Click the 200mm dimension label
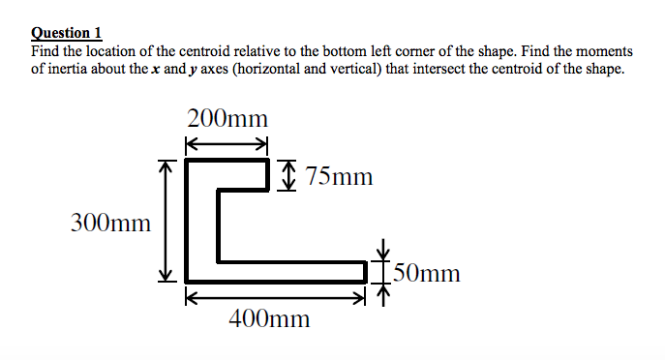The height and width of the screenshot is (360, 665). (x=227, y=119)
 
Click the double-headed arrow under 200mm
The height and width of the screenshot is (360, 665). (x=226, y=144)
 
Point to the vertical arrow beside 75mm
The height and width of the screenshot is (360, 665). (x=286, y=176)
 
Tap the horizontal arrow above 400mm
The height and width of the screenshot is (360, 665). (x=277, y=297)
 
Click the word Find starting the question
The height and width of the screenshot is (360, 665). (x=46, y=50)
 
